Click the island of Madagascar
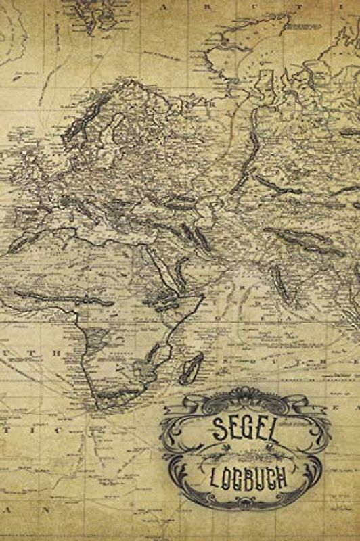[x=193, y=369]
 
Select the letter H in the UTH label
[x=58, y=353]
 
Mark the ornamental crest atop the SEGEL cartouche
[x=246, y=396]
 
